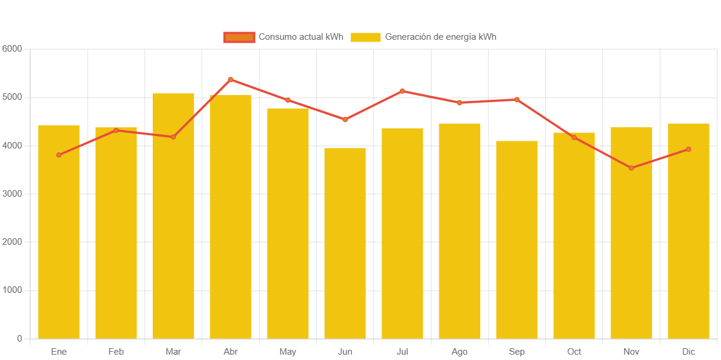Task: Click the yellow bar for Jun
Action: pos(345,244)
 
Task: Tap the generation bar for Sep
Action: pos(517,240)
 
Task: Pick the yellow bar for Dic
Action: pos(688,232)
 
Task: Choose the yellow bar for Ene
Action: pos(59,232)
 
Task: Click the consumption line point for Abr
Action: pos(231,80)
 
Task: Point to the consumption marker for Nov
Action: pos(631,168)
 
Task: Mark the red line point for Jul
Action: pos(402,91)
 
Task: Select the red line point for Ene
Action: pos(59,155)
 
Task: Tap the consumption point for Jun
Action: pos(345,120)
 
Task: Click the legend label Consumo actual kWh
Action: pos(301,37)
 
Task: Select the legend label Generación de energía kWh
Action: pos(440,37)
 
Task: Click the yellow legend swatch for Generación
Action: pos(366,37)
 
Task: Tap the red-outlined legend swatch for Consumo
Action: pos(239,37)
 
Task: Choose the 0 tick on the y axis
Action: pos(20,339)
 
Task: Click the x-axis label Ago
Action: pos(459,352)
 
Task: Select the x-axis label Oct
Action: pos(574,352)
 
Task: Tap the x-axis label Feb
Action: pos(116,352)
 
